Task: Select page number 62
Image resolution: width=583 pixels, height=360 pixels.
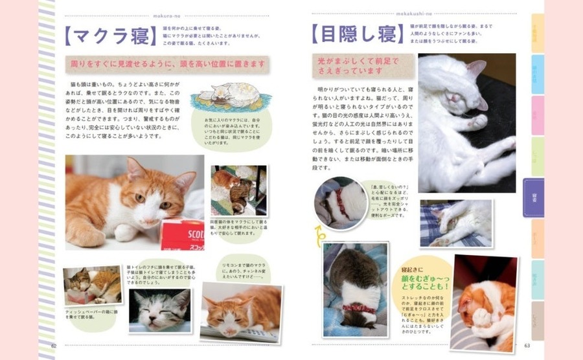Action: coord(54,346)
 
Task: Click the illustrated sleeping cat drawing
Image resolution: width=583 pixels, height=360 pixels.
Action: coord(231,95)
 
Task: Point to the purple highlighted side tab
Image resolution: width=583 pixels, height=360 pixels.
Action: coord(534,197)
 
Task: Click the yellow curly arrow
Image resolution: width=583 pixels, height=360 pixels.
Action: coord(319,233)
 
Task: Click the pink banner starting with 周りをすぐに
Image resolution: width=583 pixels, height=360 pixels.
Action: coord(169,65)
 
